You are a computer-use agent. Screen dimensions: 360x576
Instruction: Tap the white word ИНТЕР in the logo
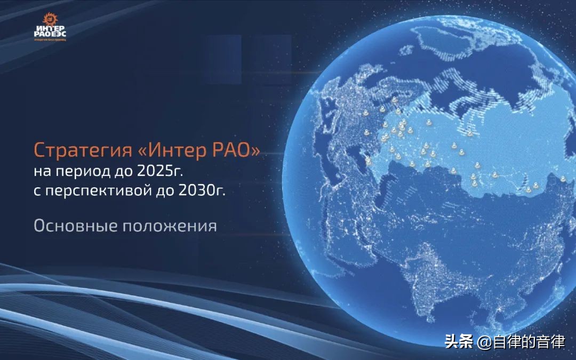[50, 28]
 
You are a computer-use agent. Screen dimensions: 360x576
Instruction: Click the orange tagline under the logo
[50, 39]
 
